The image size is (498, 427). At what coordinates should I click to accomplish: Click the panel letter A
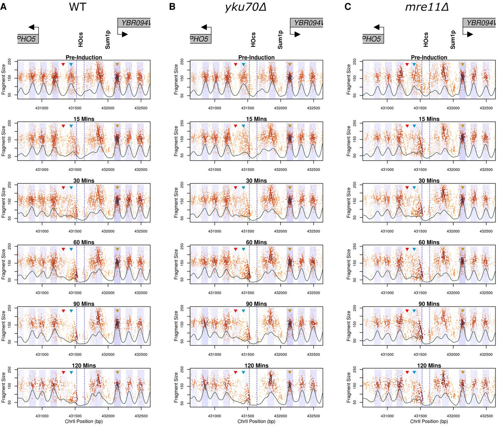point(4,7)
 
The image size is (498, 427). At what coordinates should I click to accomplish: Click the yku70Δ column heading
point(245,7)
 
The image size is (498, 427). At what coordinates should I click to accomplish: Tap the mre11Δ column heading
point(427,7)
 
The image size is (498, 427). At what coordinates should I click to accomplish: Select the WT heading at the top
point(77,7)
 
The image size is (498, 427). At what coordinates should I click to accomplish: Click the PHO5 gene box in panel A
point(28,38)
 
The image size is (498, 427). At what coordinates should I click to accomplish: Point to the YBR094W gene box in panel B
point(307,23)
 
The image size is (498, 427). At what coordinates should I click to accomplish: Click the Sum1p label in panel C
point(453,40)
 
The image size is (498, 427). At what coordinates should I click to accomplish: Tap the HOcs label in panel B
point(253,40)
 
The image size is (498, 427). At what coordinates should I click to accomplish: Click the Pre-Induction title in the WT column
point(84,57)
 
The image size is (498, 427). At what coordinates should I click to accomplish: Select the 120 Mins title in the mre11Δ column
point(429,366)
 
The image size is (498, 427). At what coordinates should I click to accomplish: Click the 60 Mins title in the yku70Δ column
point(256,242)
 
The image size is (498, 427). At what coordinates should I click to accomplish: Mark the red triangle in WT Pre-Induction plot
point(63,65)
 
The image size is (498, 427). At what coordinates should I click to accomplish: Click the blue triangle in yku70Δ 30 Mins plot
point(244,188)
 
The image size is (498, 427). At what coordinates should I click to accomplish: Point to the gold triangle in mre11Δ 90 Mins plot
point(463,311)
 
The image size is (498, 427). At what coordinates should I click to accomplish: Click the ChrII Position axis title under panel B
point(256,421)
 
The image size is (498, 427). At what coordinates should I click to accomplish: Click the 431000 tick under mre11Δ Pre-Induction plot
point(387,108)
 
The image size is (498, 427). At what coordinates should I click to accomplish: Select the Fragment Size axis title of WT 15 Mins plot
point(4,141)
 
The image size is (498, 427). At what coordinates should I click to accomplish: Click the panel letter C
point(348,7)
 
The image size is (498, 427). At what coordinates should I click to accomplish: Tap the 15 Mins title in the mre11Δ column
point(429,119)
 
